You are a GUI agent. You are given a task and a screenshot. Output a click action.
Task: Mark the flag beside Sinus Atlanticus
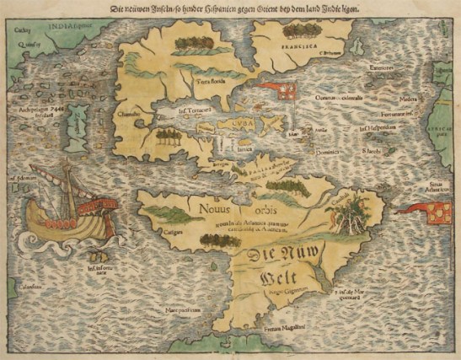click(x=437, y=215)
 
